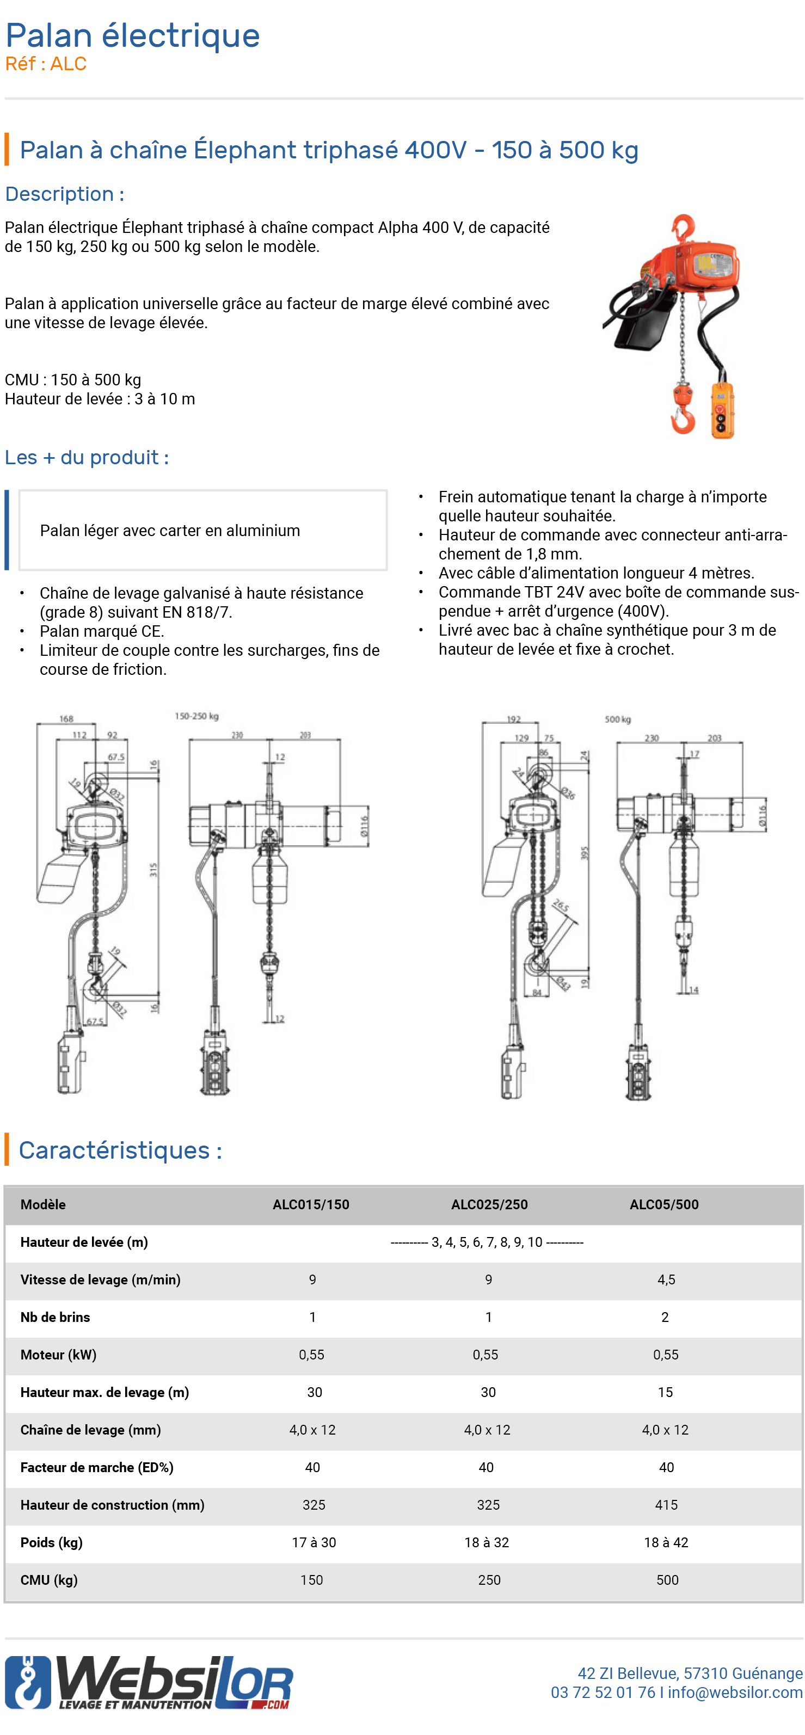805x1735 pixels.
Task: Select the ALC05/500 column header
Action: pos(663,1204)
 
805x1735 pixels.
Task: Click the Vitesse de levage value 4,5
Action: pos(666,1279)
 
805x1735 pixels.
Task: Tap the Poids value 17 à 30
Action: pos(314,1542)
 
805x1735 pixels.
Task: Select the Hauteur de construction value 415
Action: pos(666,1505)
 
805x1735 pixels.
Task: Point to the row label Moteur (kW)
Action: pos(58,1355)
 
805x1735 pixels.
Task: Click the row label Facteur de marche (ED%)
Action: pos(96,1467)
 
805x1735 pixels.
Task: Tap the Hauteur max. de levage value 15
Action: pos(665,1392)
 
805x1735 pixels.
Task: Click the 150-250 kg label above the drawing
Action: pos(196,716)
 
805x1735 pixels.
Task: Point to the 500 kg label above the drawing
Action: pos(617,719)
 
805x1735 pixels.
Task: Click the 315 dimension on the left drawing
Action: pos(153,870)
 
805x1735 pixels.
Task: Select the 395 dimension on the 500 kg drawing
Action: pos(584,853)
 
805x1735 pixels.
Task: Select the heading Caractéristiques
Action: pos(120,1150)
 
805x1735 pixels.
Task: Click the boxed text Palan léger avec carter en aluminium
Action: pos(170,531)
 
